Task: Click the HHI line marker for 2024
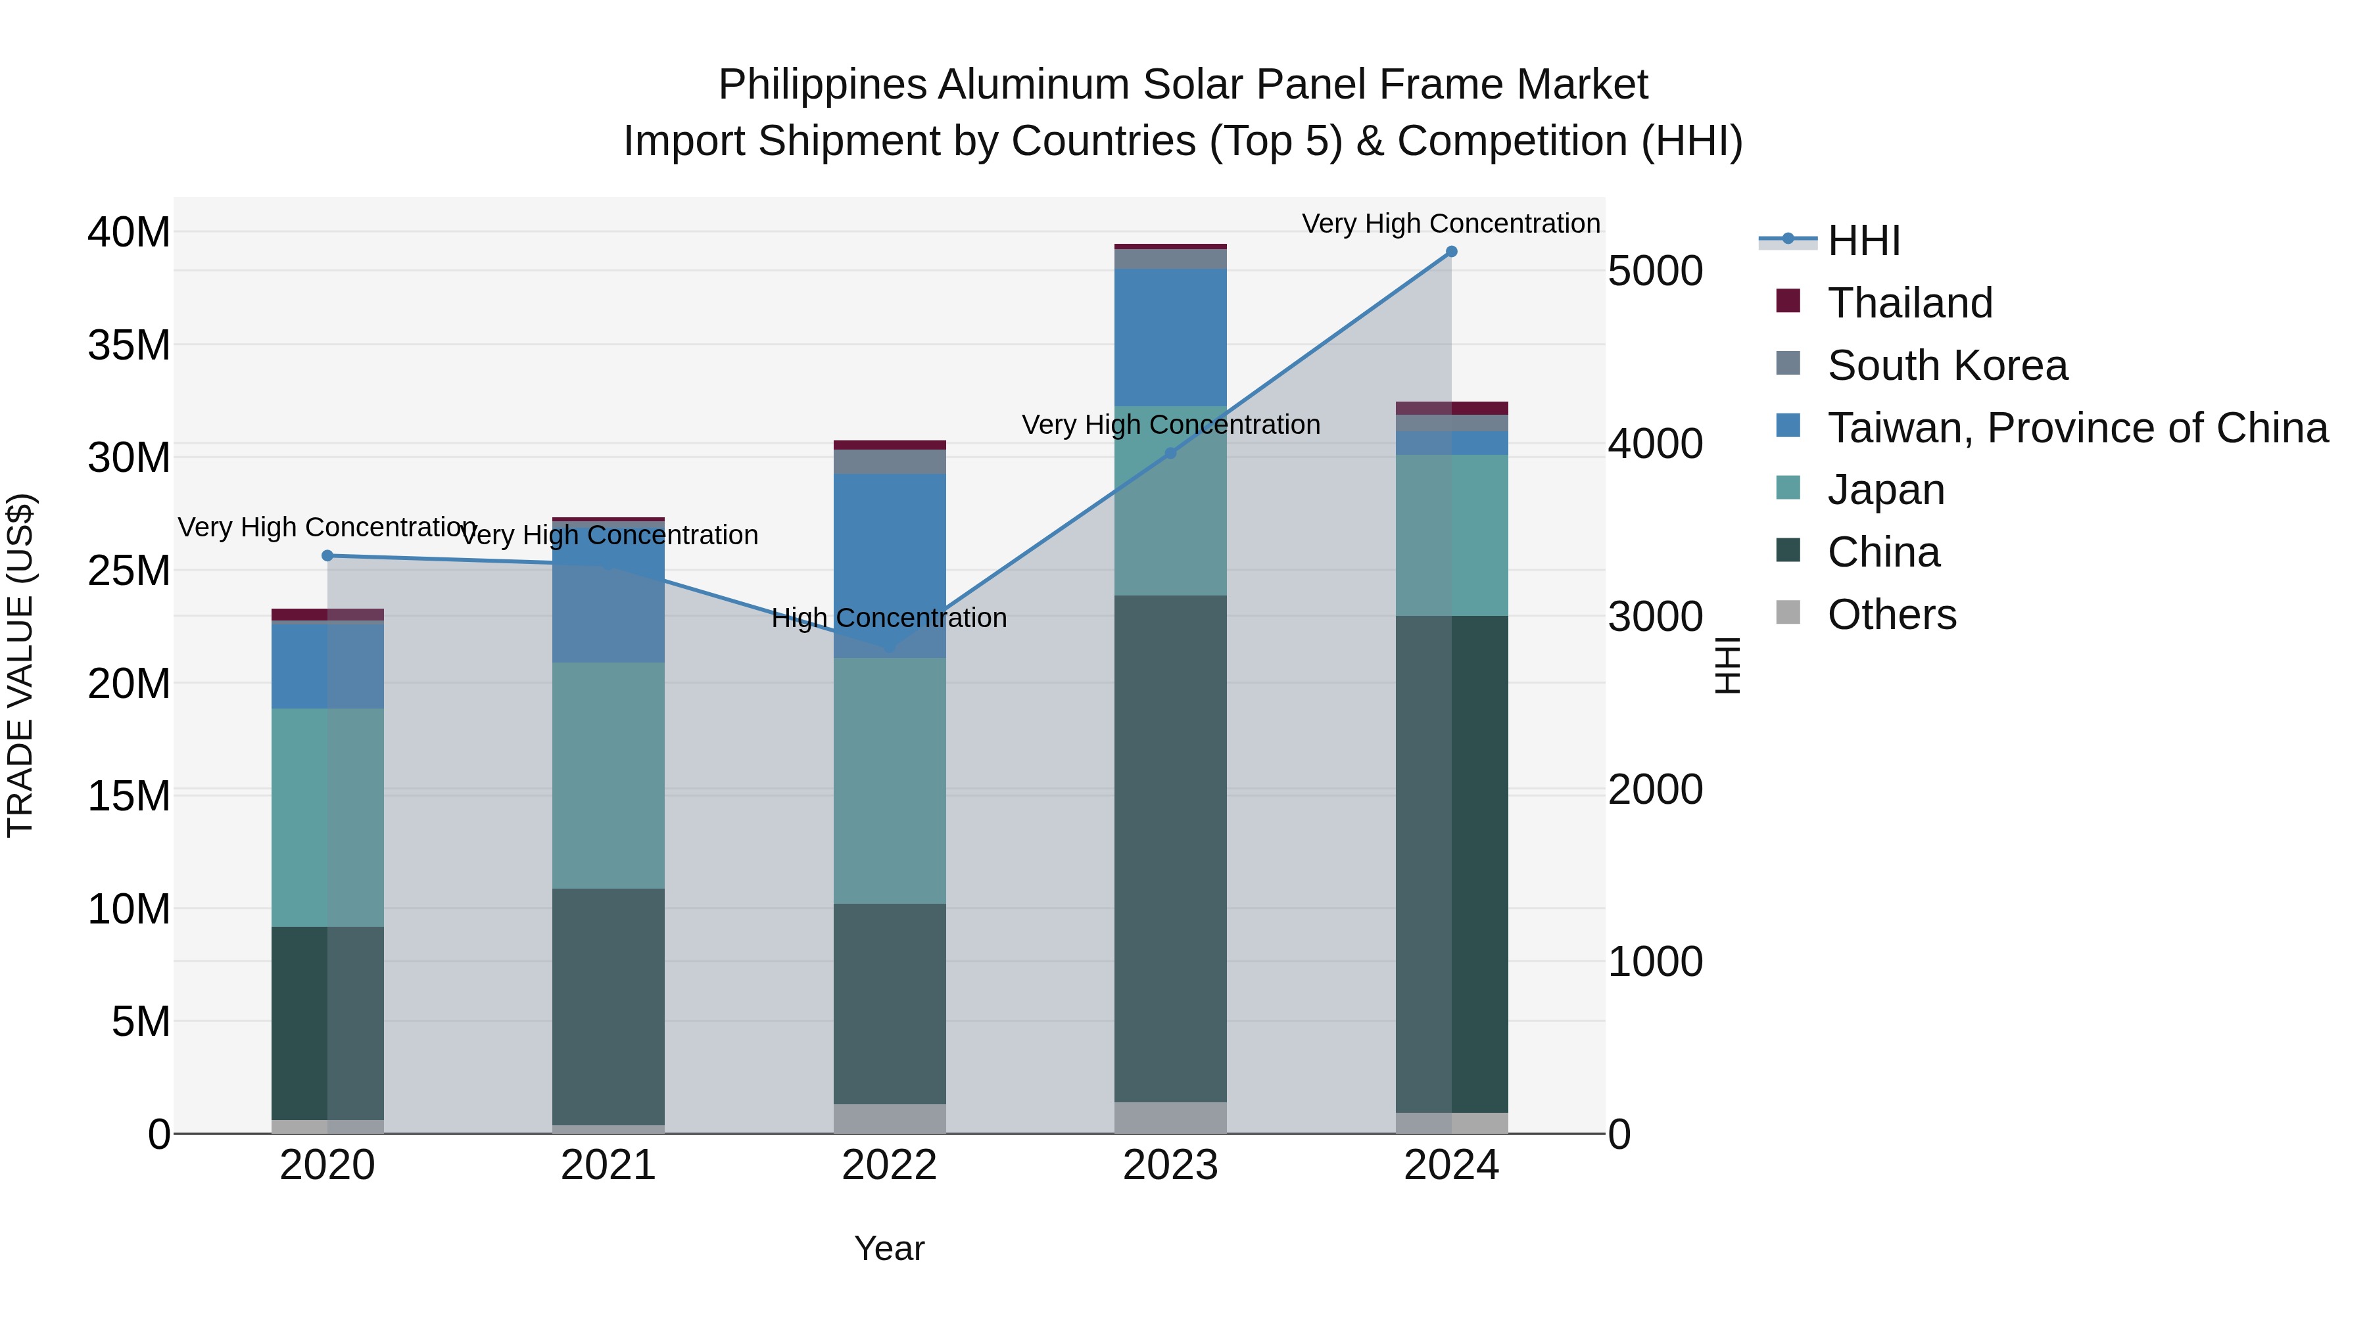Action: (1451, 252)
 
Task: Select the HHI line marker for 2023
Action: (1170, 453)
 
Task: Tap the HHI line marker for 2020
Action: (328, 555)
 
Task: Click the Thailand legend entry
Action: (1909, 303)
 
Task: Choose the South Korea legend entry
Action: (1947, 365)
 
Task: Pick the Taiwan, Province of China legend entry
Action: (2076, 428)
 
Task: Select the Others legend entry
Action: (1891, 615)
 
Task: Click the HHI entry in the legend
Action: (1863, 241)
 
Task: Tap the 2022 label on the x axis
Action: (888, 1165)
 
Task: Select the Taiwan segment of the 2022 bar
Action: (888, 565)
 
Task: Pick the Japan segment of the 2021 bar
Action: (608, 776)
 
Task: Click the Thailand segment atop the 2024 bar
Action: (1451, 408)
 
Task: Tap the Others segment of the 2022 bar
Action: (888, 1118)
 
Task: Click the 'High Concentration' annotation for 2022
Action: (888, 619)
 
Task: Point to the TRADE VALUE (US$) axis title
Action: (20, 665)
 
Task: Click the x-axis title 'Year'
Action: (888, 1248)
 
